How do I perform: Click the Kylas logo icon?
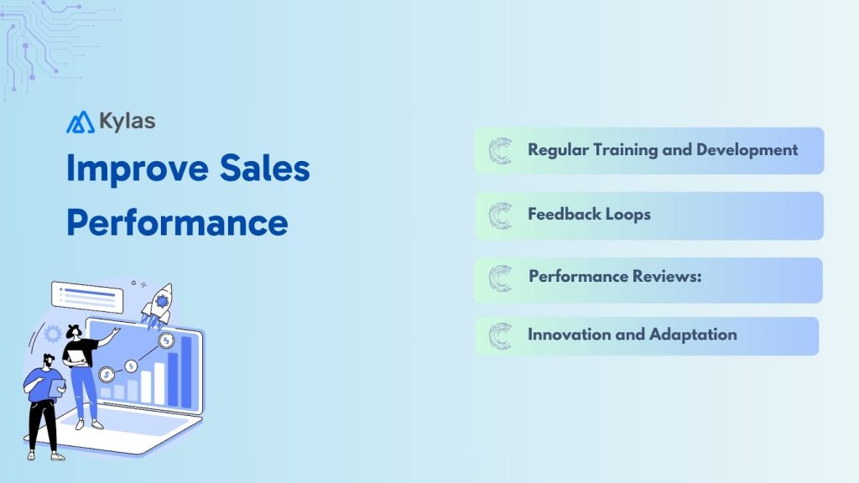[81, 122]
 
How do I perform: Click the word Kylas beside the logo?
[126, 121]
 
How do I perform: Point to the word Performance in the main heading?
[177, 221]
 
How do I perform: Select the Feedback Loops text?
[589, 214]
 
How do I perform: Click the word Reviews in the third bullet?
[665, 276]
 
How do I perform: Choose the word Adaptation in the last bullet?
[692, 334]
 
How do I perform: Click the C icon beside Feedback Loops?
[501, 216]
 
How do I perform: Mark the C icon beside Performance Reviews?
[501, 278]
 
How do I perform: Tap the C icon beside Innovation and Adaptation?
[501, 335]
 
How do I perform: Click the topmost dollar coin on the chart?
[167, 340]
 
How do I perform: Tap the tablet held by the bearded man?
[57, 385]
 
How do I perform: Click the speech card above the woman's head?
[87, 296]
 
